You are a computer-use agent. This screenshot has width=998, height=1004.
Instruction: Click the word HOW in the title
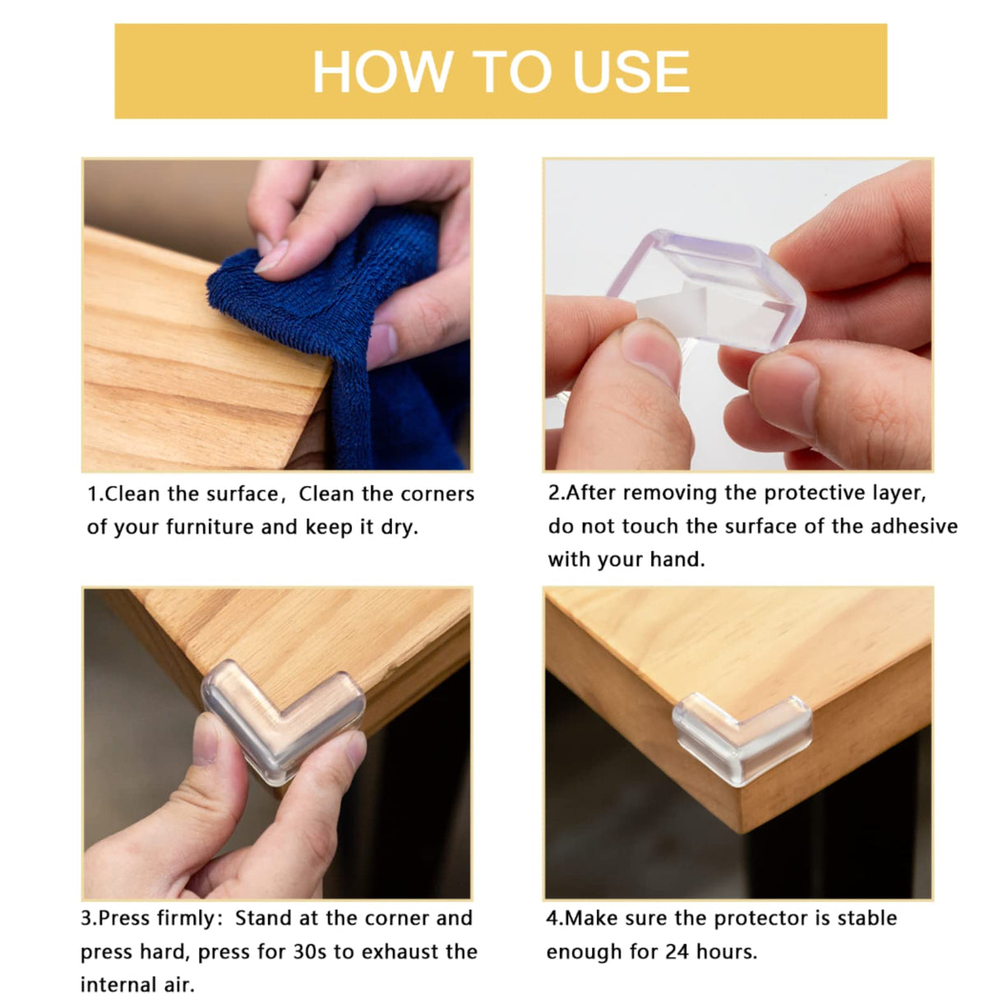[381, 72]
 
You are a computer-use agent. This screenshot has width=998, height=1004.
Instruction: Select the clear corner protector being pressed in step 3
[284, 715]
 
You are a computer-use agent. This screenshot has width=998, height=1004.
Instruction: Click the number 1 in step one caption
[92, 494]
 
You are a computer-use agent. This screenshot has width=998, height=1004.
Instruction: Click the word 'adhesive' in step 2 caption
[914, 526]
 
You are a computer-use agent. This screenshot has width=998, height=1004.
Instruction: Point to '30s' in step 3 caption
[310, 951]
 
